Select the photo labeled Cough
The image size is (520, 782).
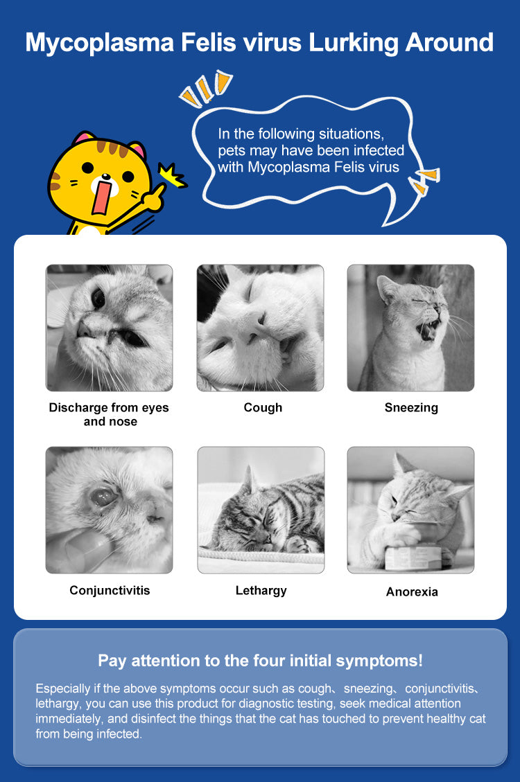click(x=260, y=328)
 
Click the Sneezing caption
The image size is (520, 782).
click(x=411, y=407)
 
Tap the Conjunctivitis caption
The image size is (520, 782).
click(x=110, y=591)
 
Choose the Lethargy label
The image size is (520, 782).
click(x=261, y=591)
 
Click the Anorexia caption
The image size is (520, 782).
click(x=412, y=592)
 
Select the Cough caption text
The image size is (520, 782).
click(x=263, y=407)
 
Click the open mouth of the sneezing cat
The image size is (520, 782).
click(x=428, y=330)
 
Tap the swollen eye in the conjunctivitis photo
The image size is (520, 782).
click(x=104, y=496)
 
